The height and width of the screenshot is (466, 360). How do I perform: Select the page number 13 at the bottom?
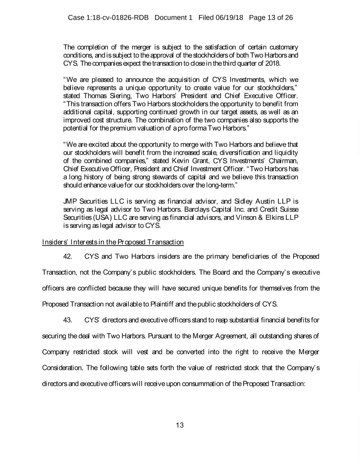(x=180, y=425)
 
